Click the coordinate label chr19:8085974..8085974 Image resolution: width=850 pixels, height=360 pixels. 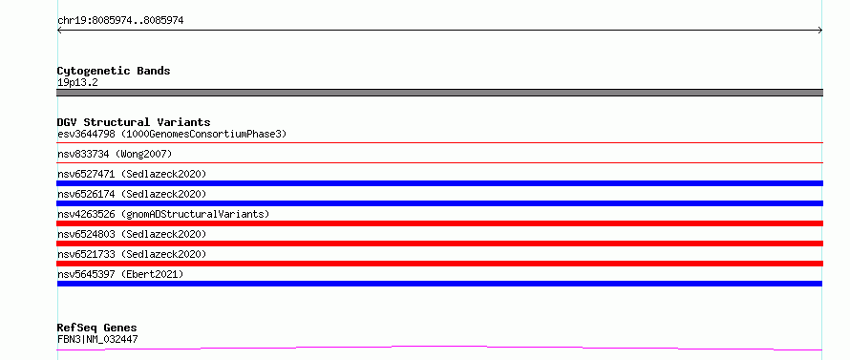[120, 21]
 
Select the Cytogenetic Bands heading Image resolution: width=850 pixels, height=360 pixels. [114, 71]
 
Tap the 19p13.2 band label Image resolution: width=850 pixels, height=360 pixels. [77, 83]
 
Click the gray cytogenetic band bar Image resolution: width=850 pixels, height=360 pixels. [439, 93]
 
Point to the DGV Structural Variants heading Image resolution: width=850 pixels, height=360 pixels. [134, 122]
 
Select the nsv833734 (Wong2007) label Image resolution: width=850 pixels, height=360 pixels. [115, 154]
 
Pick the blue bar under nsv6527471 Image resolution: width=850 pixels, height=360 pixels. [439, 183]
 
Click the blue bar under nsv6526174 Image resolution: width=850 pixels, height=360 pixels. [439, 203]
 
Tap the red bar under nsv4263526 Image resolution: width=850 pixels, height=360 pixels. [439, 223]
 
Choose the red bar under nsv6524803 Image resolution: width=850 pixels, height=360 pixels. [439, 244]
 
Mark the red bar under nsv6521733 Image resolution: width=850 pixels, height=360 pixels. [439, 264]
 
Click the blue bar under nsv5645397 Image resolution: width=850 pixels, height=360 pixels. [439, 284]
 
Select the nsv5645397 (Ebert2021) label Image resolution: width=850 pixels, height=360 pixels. [120, 274]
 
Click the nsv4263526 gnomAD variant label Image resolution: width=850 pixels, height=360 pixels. [163, 214]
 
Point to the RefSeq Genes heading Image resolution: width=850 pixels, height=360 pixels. [96, 328]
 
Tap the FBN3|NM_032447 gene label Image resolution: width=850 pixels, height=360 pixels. [97, 339]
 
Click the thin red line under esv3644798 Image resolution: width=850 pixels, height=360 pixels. [439, 142]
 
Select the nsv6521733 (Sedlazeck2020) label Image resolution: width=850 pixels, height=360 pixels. [132, 254]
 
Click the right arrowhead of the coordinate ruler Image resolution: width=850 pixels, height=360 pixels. [820, 31]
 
